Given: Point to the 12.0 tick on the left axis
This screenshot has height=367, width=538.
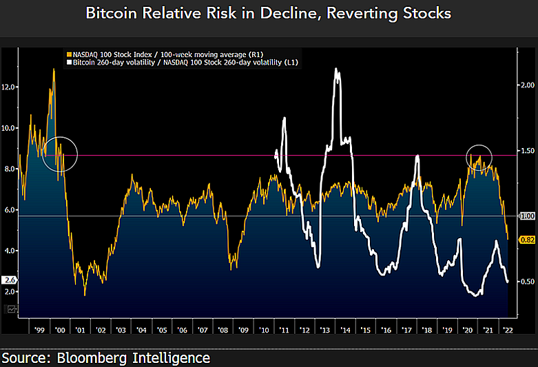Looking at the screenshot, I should pos(10,87).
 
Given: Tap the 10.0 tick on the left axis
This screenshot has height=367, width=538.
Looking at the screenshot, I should pos(10,128).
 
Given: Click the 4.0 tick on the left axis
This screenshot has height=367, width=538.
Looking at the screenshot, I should pos(10,251).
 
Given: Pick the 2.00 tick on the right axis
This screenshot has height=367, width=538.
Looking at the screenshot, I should pos(527,85).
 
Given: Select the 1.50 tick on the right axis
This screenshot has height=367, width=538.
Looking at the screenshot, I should pos(527,150).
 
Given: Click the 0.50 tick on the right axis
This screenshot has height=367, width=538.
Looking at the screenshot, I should pos(527,281).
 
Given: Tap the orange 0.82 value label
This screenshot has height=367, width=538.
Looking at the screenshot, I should pos(527,239).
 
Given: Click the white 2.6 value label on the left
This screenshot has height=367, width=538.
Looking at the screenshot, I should pos(10,280).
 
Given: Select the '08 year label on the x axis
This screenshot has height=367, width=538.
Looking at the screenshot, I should pos(223,330).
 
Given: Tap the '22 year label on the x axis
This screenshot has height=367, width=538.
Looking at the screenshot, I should pos(508,330).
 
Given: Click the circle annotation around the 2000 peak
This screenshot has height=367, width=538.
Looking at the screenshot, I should pos(59,154).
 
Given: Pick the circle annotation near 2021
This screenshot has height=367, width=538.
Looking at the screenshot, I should pos(479,158).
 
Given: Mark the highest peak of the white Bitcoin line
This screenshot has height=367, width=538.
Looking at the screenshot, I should pos(335,70).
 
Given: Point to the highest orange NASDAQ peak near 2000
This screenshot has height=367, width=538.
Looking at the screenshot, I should pos(54,70).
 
